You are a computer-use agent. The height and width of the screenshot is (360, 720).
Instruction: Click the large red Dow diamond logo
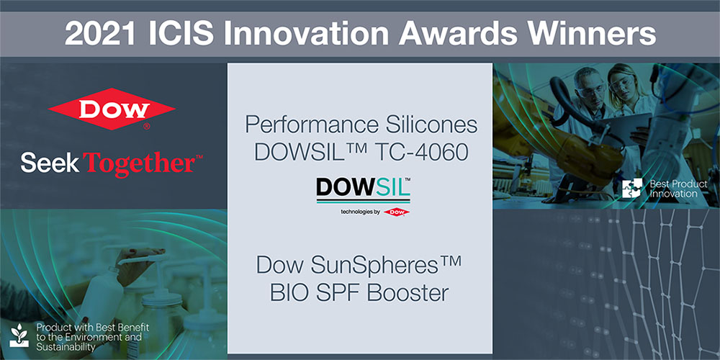click(x=112, y=109)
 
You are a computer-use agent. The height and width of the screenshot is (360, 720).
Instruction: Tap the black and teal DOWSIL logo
click(x=363, y=189)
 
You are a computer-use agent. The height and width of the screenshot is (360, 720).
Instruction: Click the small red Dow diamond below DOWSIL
click(x=396, y=212)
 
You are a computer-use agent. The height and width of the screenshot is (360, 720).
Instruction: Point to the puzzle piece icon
click(x=632, y=189)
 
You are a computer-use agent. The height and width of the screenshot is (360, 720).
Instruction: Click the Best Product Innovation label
click(x=679, y=189)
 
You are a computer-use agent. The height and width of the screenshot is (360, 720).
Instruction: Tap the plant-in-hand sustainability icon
click(x=19, y=336)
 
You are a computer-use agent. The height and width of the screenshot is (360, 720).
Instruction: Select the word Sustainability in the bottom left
click(x=66, y=346)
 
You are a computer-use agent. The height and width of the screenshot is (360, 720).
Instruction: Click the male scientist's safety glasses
click(x=588, y=89)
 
